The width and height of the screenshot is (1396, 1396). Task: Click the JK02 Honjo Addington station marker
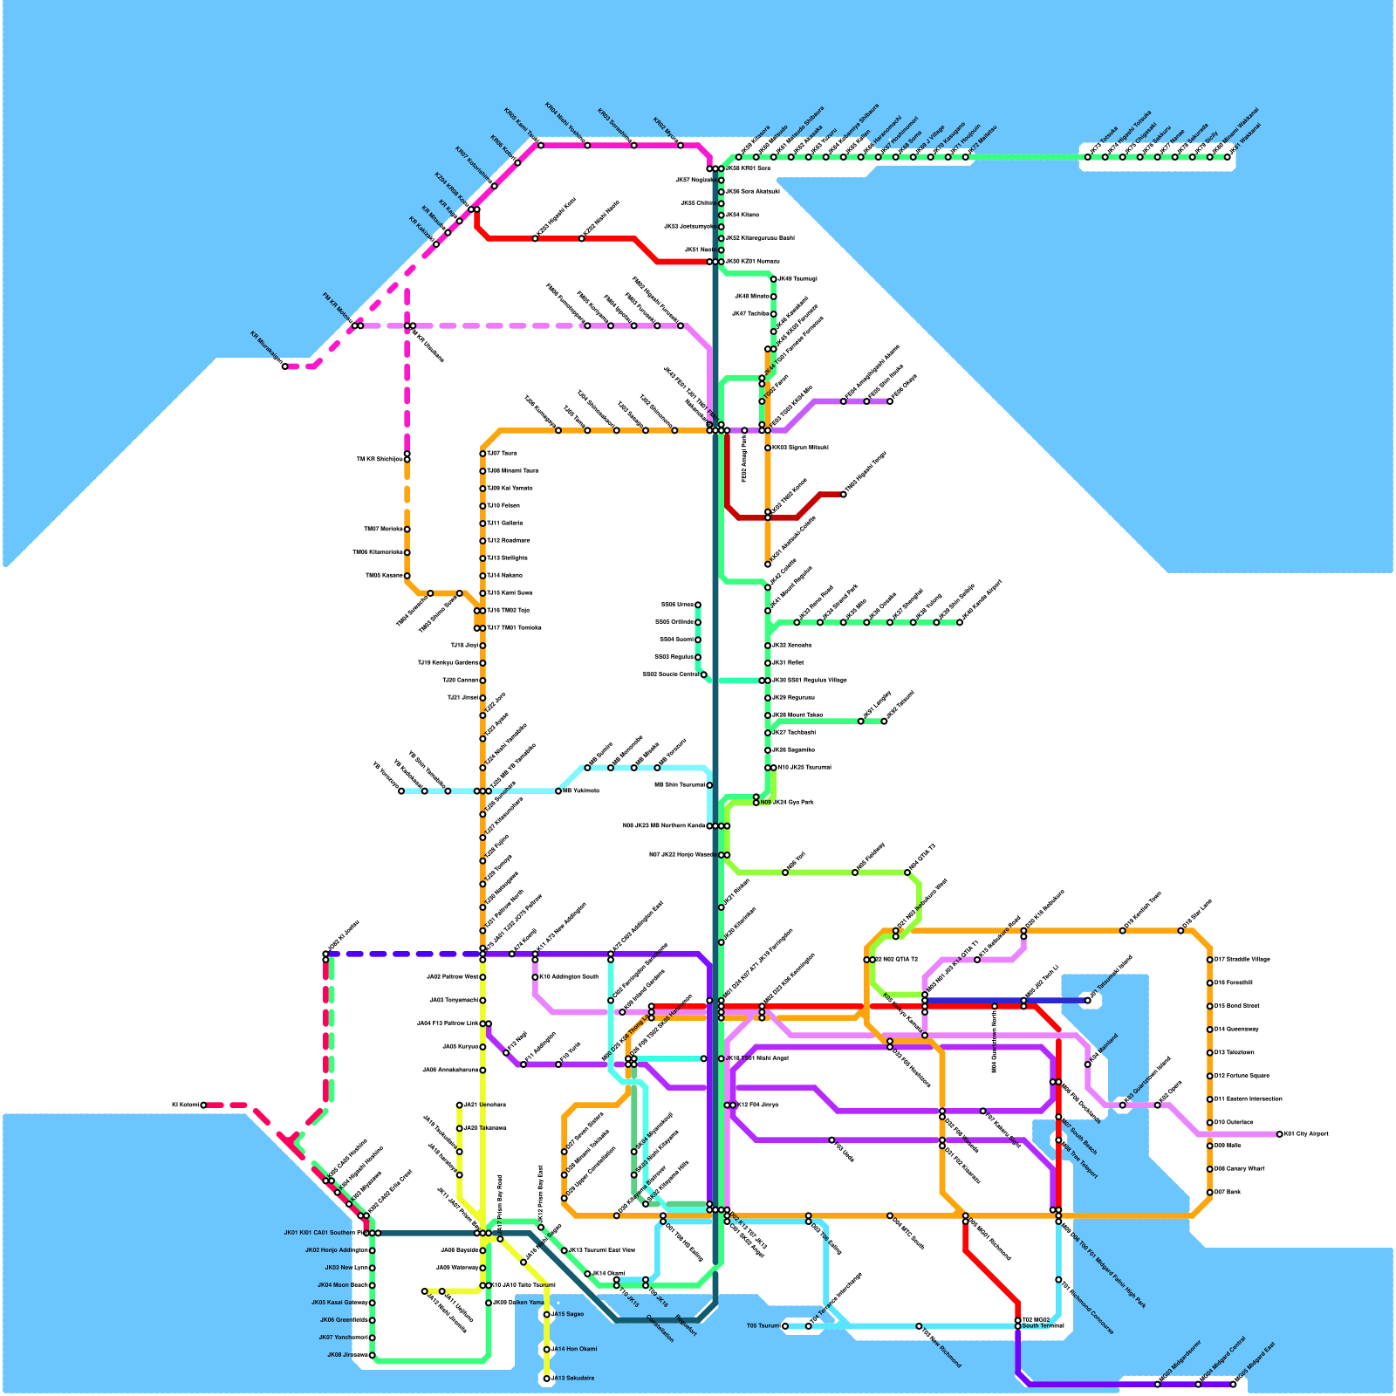[x=373, y=1250]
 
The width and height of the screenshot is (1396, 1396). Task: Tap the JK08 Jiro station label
[x=340, y=1355]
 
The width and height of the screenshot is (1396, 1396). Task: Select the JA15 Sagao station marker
[x=547, y=1315]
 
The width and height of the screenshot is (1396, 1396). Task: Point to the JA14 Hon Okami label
[x=575, y=1349]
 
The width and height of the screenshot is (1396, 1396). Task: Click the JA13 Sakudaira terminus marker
[x=547, y=1379]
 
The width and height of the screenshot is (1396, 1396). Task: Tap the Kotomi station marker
[x=203, y=1105]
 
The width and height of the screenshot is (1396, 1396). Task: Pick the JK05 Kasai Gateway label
[x=339, y=1303]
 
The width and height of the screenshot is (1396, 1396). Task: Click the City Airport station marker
[x=1280, y=1134]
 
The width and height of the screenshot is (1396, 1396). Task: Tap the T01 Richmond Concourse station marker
[x=1058, y=1280]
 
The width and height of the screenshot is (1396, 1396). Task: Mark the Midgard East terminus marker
[x=1233, y=1384]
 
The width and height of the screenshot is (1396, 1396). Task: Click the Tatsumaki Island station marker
[x=1088, y=1000]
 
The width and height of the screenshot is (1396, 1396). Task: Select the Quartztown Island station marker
[x=1123, y=1105]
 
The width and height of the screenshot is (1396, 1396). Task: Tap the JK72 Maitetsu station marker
[x=966, y=157]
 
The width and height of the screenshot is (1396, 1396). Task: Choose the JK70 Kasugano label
[x=952, y=139]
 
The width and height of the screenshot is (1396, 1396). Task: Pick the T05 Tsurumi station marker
[x=785, y=1326]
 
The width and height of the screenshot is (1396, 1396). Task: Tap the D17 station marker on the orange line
[x=1210, y=960]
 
